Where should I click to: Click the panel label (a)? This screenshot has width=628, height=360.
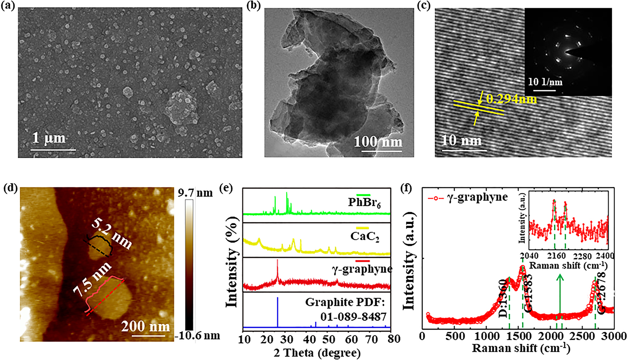click(x=8, y=6)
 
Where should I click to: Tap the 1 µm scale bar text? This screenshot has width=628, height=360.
click(x=49, y=138)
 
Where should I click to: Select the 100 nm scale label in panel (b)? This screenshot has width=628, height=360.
click(x=378, y=142)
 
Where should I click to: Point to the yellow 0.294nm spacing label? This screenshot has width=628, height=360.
click(x=511, y=99)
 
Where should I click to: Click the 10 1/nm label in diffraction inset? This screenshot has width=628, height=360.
click(x=545, y=82)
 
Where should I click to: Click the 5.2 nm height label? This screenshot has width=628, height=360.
click(x=111, y=234)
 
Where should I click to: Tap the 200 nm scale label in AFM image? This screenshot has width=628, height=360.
click(x=145, y=326)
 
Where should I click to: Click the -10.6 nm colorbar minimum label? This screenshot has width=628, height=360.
click(x=197, y=335)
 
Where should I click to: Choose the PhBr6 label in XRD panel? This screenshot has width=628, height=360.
click(x=364, y=202)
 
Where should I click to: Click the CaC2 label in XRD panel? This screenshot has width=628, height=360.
click(x=364, y=236)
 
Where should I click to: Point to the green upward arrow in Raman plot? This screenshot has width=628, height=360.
click(x=560, y=296)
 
